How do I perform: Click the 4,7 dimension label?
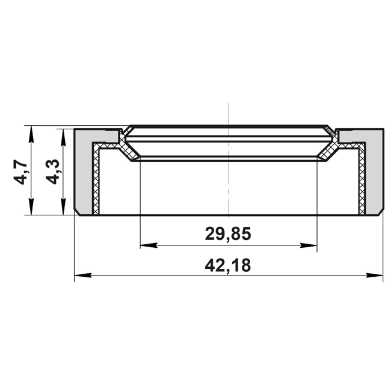(x=20, y=172)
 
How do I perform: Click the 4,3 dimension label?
(x=52, y=172)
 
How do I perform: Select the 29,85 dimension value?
(x=228, y=233)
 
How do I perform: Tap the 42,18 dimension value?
(x=228, y=265)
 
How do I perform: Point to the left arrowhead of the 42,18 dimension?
(x=83, y=276)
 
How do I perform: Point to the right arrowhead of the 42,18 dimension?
(x=374, y=276)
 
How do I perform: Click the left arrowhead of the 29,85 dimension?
(x=149, y=245)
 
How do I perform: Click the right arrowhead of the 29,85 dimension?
(x=309, y=245)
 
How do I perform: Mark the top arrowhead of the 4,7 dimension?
(x=31, y=134)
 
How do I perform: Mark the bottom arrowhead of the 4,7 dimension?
(x=31, y=206)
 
